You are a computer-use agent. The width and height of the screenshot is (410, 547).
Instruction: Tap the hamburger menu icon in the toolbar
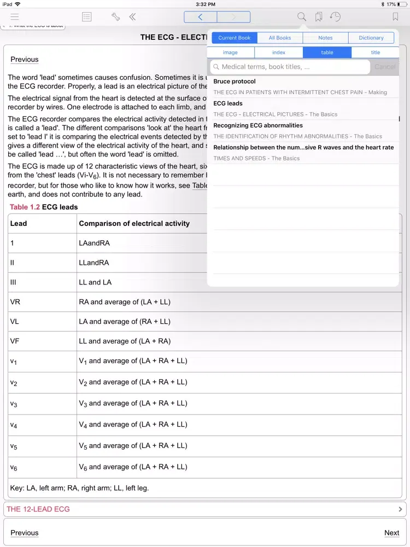pyautogui.click(x=15, y=17)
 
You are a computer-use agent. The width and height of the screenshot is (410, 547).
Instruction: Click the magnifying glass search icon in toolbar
pyautogui.click(x=302, y=17)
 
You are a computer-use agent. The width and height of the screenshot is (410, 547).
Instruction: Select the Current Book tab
pyautogui.click(x=234, y=38)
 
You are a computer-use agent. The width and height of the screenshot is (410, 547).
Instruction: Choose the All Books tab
pyautogui.click(x=279, y=38)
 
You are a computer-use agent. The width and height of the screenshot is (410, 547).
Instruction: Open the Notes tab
pyautogui.click(x=325, y=38)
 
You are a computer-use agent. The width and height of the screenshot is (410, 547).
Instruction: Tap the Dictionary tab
pyautogui.click(x=371, y=38)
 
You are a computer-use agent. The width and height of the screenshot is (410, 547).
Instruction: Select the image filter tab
pyautogui.click(x=230, y=53)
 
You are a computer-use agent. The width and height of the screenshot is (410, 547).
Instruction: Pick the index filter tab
pyautogui.click(x=279, y=53)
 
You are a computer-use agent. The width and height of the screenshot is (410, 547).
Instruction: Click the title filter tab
pyautogui.click(x=376, y=53)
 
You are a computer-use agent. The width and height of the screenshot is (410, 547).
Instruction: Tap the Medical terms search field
pyautogui.click(x=290, y=67)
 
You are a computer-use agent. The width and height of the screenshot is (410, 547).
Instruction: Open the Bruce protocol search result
pyautogui.click(x=235, y=82)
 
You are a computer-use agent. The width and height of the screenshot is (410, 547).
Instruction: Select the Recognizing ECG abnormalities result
pyautogui.click(x=257, y=125)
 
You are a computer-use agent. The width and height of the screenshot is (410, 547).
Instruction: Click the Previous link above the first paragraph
pyautogui.click(x=25, y=60)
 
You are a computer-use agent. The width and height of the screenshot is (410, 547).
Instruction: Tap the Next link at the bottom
pyautogui.click(x=391, y=533)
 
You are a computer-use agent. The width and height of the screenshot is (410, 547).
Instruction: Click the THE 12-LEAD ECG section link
pyautogui.click(x=38, y=509)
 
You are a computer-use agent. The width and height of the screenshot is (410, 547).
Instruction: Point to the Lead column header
pyautogui.click(x=19, y=223)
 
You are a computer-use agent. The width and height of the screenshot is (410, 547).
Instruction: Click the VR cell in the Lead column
pyautogui.click(x=15, y=302)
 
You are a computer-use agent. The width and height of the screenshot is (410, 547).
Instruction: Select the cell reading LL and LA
pyautogui.click(x=95, y=282)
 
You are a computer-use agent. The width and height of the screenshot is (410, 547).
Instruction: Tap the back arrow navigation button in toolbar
pyautogui.click(x=201, y=17)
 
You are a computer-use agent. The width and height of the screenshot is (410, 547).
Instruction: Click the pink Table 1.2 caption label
pyautogui.click(x=25, y=207)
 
